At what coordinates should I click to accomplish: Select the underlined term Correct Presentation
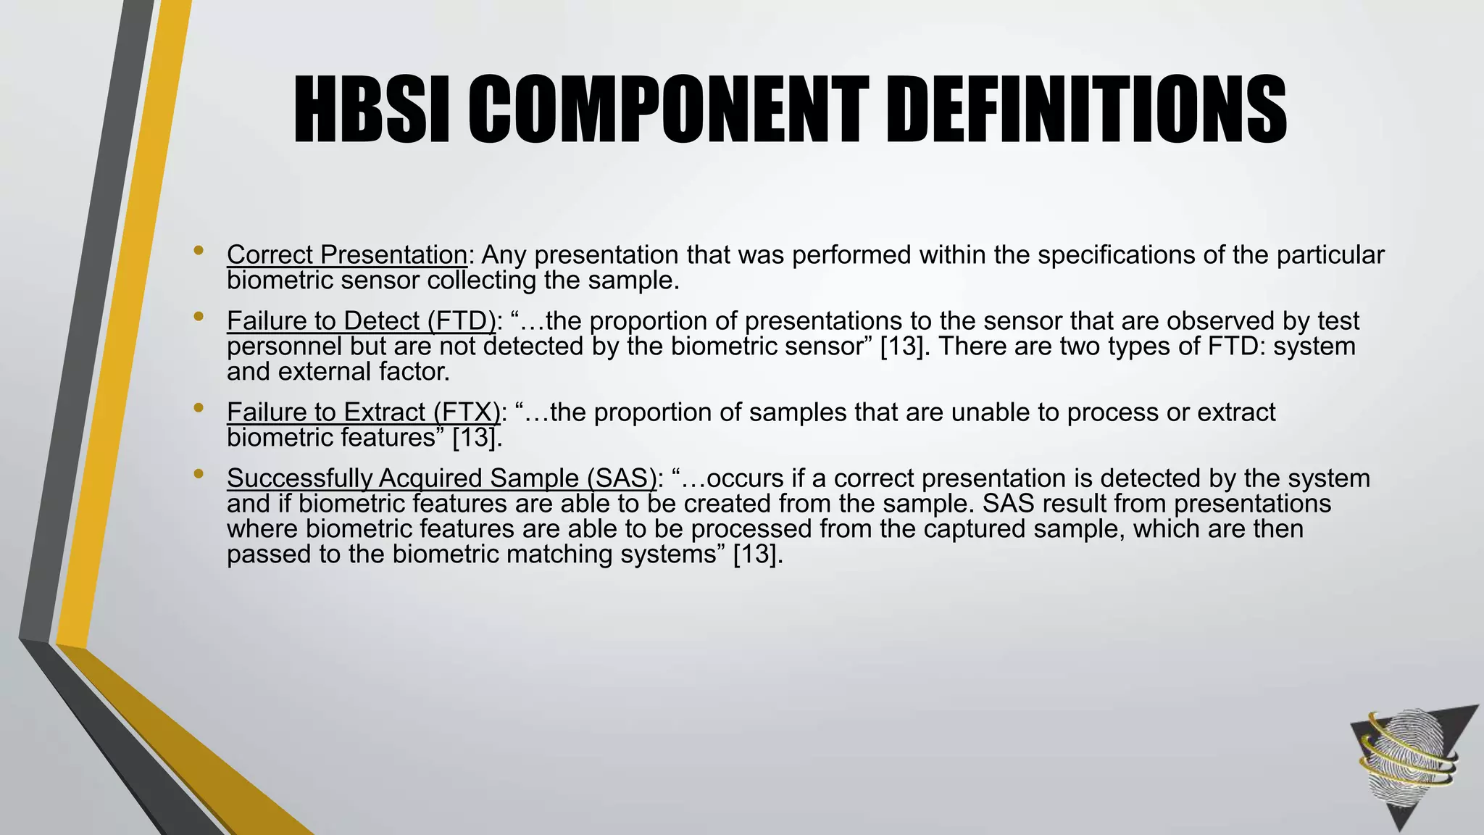coord(347,255)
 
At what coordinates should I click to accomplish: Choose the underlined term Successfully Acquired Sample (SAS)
coord(441,478)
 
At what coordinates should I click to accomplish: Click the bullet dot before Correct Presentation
coord(199,252)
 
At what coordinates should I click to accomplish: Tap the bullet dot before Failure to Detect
coord(199,317)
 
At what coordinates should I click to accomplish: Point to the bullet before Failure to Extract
coord(199,409)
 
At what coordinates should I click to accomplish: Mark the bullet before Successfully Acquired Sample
coord(199,475)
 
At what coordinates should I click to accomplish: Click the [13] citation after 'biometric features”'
coord(477,438)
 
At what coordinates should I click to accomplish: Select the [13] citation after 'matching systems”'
coord(758,554)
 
